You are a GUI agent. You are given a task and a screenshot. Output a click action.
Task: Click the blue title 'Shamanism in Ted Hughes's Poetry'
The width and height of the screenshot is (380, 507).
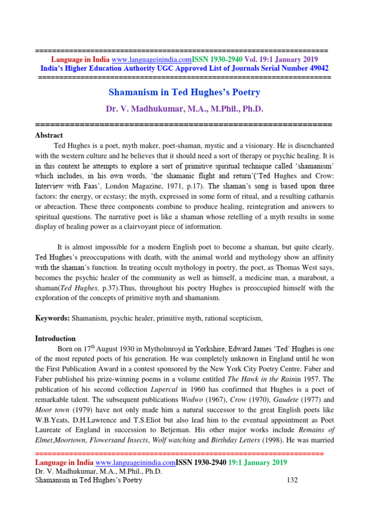click(x=184, y=92)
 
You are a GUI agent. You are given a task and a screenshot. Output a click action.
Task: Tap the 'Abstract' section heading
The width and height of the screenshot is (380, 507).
click(x=49, y=135)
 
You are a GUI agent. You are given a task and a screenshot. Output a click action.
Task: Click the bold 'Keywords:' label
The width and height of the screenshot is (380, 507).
click(x=53, y=319)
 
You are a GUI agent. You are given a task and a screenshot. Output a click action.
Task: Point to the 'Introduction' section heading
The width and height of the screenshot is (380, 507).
click(x=55, y=339)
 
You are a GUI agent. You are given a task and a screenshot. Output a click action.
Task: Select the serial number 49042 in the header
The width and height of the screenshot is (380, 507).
click(x=317, y=68)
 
